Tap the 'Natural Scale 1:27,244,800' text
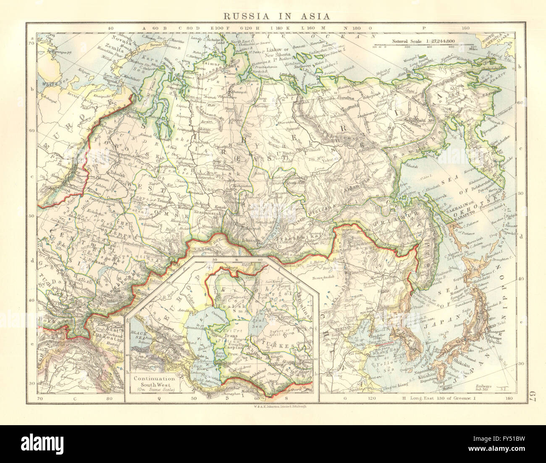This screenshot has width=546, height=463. click(425, 41)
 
